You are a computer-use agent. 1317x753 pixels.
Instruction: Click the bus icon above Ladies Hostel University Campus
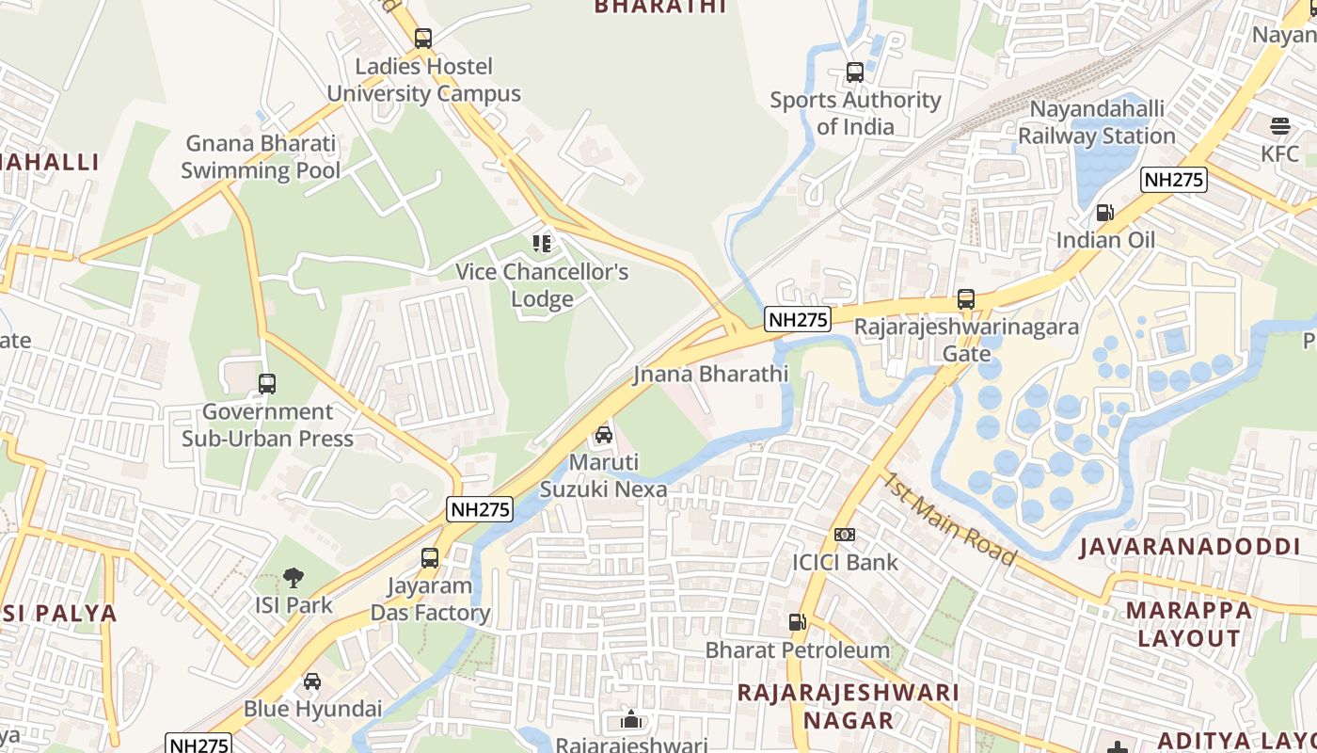[x=423, y=39]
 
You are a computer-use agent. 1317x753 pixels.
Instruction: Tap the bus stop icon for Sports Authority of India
[x=854, y=72]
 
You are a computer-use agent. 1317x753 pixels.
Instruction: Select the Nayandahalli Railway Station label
[x=1097, y=122]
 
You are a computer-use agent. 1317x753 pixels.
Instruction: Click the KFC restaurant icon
[x=1279, y=126]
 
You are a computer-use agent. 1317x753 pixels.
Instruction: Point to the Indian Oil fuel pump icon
[x=1105, y=213]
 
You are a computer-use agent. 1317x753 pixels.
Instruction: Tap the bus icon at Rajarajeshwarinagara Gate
[x=966, y=299]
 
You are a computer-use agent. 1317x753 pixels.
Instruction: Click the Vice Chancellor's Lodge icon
[x=542, y=245]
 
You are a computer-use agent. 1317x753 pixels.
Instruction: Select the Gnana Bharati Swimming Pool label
[x=261, y=157]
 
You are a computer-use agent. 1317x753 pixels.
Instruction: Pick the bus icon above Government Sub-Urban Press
[x=267, y=384]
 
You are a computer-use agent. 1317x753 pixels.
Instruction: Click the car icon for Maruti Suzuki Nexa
[x=604, y=435]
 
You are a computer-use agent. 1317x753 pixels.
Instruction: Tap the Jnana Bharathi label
[x=710, y=374]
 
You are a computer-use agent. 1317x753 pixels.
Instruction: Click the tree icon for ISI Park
[x=294, y=578]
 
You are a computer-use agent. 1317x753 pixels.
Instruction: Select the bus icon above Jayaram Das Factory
[x=430, y=558]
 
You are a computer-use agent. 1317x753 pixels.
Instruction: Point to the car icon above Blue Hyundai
[x=312, y=681]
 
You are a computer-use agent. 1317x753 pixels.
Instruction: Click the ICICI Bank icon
[x=845, y=535]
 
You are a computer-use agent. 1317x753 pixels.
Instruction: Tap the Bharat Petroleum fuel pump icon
[x=797, y=622]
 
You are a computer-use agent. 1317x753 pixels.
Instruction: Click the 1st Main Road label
[x=948, y=519]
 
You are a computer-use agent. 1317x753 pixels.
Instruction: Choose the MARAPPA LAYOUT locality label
[x=1189, y=624]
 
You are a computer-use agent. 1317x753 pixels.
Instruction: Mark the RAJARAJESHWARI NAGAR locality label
[x=849, y=706]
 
